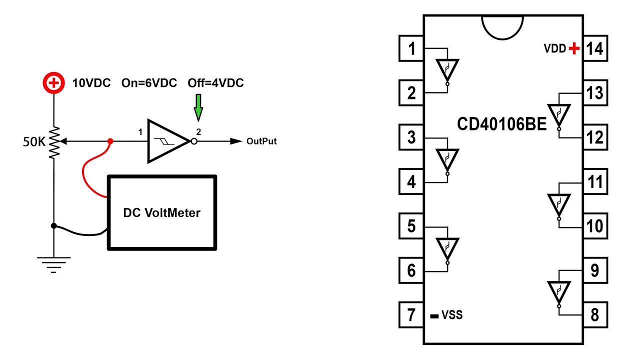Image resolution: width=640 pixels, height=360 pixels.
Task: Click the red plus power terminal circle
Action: [53, 83]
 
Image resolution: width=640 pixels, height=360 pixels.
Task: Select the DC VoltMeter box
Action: [162, 212]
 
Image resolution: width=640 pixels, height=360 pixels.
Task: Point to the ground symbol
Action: [53, 263]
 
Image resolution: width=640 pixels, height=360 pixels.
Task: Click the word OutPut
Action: [261, 141]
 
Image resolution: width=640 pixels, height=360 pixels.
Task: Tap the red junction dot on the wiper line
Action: [110, 141]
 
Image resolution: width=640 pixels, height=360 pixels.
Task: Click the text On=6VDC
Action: [149, 83]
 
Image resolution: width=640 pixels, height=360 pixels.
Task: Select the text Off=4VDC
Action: [215, 83]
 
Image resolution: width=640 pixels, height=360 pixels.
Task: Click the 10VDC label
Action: [91, 83]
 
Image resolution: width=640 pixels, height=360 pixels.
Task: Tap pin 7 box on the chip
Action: [411, 315]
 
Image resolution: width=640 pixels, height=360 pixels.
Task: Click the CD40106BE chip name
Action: [502, 124]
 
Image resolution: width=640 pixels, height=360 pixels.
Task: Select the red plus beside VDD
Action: [574, 48]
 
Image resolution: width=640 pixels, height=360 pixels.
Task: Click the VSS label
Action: [451, 315]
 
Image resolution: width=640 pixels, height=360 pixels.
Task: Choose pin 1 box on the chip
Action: [411, 48]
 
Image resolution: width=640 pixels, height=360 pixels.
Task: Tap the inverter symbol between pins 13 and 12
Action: [558, 116]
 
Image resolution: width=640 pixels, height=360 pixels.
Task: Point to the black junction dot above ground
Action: [53, 226]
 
